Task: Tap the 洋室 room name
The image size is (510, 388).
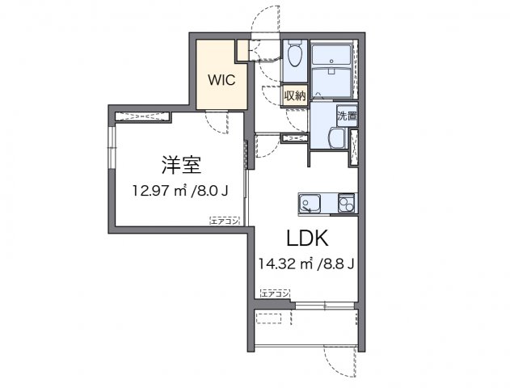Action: click(181, 165)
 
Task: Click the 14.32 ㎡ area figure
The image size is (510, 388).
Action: click(285, 264)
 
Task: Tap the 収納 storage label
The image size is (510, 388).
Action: click(294, 95)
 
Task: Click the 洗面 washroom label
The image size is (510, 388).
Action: click(346, 116)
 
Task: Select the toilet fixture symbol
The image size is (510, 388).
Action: click(294, 57)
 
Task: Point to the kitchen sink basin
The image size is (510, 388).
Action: click(310, 203)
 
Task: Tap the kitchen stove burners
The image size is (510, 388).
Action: click(346, 203)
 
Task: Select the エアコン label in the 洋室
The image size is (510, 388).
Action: click(223, 219)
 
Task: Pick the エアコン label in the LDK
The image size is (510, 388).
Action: click(275, 292)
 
